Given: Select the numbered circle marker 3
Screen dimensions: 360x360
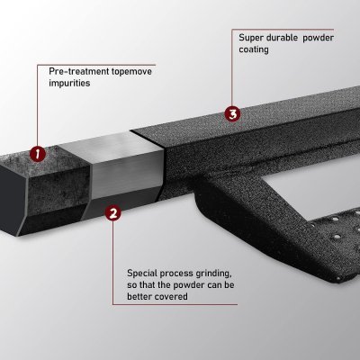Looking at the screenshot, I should (232, 114).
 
